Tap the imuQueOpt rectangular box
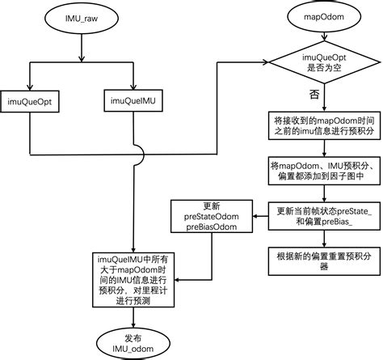pyautogui.click(x=30, y=100)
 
